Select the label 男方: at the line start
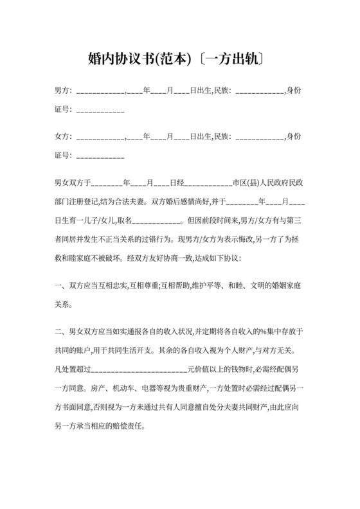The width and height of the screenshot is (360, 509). point(63,92)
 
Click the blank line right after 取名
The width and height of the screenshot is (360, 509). point(157,220)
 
